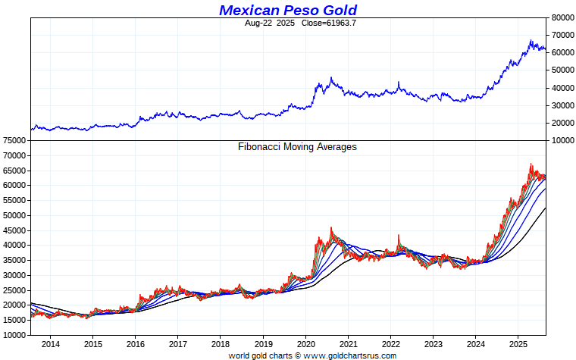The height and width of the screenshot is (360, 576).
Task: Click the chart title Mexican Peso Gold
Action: (x=288, y=10)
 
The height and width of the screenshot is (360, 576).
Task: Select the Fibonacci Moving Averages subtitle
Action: (x=297, y=147)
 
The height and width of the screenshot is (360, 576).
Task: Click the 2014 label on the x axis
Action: (x=51, y=344)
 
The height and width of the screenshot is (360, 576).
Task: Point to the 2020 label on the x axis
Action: (x=305, y=344)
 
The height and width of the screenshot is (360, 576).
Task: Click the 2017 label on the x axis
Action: (x=178, y=344)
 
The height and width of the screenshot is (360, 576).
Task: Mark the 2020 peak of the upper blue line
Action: (x=331, y=77)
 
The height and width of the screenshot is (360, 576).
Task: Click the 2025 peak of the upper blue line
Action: (x=531, y=40)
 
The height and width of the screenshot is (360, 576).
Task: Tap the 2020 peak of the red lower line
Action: (x=331, y=227)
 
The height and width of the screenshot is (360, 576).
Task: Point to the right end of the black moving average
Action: (x=546, y=208)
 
